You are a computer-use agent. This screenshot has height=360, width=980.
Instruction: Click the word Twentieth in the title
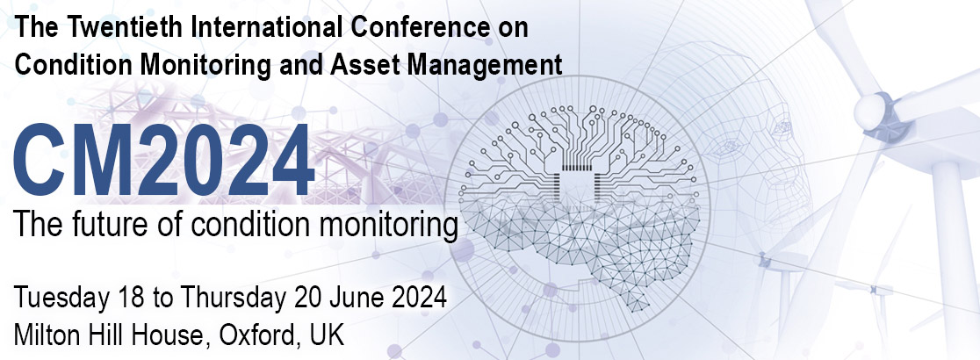(x=120, y=27)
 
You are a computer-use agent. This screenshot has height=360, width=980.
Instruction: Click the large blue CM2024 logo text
(x=163, y=161)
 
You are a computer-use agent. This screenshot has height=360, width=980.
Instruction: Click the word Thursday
(x=227, y=297)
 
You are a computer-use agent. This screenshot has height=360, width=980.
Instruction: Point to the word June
(x=356, y=297)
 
